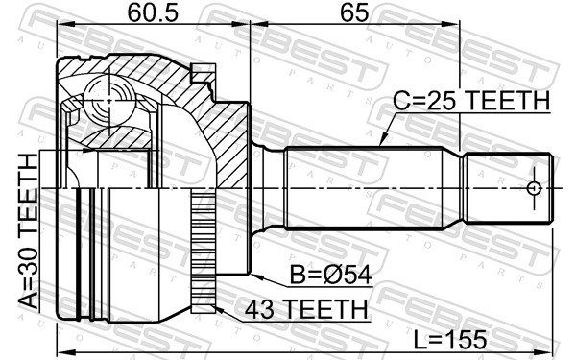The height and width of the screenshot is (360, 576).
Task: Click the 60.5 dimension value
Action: coord(153,13)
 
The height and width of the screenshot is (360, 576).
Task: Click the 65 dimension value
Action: coord(354,13)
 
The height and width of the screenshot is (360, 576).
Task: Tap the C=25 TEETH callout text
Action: coord(471,100)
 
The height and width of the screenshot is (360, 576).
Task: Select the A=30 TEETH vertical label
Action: coord(29,231)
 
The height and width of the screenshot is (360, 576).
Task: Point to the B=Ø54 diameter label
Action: coord(330,275)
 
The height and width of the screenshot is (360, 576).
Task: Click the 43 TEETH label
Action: coord(306,309)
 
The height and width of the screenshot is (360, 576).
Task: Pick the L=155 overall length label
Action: coord(450,340)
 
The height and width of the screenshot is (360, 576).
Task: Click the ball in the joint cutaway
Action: coord(108,100)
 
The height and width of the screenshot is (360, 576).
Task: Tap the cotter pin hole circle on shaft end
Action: coord(534,189)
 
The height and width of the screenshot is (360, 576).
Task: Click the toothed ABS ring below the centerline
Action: coord(204,251)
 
